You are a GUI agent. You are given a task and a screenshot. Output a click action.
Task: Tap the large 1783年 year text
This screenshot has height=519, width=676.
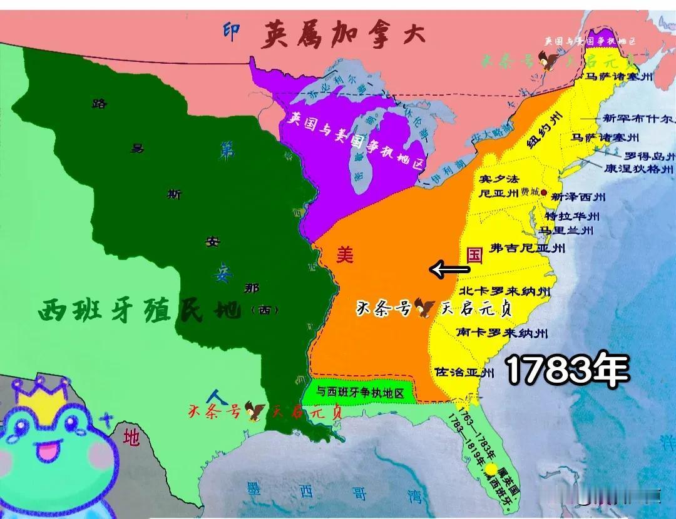[566, 371]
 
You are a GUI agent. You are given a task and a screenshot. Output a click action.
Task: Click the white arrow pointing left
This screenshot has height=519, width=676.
[449, 270]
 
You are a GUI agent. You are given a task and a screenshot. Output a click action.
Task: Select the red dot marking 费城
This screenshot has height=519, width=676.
[543, 193]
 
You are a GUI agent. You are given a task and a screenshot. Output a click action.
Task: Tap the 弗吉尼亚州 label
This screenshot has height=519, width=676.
[527, 248]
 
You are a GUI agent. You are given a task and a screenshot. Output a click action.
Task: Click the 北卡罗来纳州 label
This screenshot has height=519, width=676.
[504, 291]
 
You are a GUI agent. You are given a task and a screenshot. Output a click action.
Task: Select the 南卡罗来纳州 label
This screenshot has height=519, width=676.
[502, 332]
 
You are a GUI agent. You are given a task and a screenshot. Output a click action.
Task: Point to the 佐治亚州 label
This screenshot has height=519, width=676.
[464, 372]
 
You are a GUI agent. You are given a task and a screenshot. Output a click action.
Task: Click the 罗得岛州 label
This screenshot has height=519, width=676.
[650, 156]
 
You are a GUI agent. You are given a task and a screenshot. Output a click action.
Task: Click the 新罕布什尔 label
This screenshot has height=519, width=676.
[637, 118]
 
